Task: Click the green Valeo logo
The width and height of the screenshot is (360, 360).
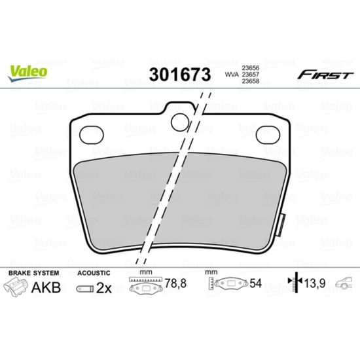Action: click(27, 73)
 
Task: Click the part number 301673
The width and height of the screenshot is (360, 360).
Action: click(180, 75)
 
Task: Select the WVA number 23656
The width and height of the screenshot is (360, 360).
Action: click(251, 67)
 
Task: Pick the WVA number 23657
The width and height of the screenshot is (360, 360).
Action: click(251, 75)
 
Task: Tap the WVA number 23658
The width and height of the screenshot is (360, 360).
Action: click(251, 81)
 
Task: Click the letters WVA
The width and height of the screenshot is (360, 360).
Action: click(232, 75)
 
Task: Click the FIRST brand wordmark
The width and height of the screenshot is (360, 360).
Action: click(325, 75)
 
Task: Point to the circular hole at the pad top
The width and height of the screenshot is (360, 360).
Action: click(180, 122)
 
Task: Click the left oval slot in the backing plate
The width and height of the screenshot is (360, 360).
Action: click(92, 135)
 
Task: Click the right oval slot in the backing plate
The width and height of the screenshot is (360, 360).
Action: click(268, 135)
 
